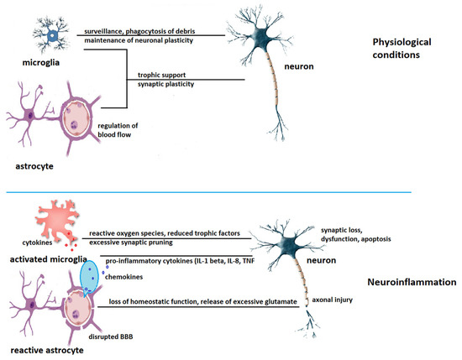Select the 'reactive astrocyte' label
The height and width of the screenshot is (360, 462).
[42, 348]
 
